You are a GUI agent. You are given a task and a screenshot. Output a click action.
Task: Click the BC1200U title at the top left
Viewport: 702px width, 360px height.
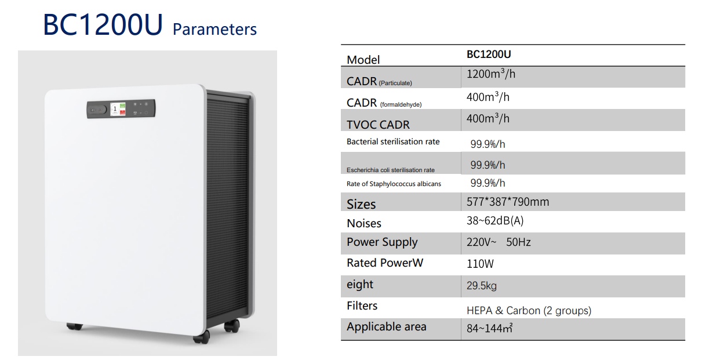[x=103, y=24]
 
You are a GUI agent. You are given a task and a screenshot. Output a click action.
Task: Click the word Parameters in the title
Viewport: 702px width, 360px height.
[x=214, y=30]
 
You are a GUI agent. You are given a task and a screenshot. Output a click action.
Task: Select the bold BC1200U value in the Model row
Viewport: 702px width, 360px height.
[x=489, y=54]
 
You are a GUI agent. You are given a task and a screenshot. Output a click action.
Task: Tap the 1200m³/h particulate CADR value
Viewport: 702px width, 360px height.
[x=491, y=74]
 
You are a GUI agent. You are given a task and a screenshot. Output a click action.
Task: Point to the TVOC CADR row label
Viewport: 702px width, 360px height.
[x=378, y=125]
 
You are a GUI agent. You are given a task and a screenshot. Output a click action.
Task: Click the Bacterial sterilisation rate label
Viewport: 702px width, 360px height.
[x=393, y=141]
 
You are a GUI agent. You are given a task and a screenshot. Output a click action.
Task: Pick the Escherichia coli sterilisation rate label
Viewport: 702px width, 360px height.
[x=391, y=170]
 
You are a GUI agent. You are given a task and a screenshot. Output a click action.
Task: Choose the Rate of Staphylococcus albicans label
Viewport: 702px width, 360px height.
[x=394, y=184]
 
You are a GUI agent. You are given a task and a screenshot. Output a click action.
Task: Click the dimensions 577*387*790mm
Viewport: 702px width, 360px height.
[x=508, y=202]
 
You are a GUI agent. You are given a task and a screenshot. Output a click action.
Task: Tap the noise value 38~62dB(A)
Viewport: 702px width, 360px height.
[x=495, y=220]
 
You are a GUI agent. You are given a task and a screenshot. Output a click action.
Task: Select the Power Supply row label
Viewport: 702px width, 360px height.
[x=382, y=242]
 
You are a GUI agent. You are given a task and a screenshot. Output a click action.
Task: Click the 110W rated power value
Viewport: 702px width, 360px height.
[x=480, y=264]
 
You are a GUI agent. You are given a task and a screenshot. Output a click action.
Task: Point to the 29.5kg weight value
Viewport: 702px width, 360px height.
[x=482, y=286]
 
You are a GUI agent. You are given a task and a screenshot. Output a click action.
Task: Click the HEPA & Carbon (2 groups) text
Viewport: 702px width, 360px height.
[x=529, y=311]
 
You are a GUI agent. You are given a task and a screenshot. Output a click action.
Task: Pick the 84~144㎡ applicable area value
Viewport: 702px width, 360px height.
[x=489, y=328]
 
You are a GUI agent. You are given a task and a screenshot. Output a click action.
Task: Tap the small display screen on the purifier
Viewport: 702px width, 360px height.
[x=118, y=109]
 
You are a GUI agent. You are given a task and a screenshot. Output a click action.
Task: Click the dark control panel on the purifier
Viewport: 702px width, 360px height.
[x=121, y=109]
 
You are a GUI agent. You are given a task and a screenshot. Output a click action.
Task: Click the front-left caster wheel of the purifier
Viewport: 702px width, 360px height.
[x=75, y=326]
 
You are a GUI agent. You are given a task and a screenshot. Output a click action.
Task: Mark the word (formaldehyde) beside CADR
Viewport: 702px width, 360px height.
[x=401, y=105]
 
